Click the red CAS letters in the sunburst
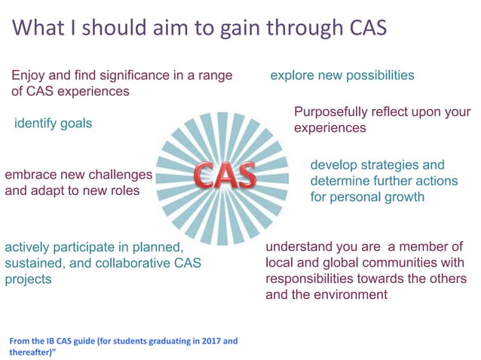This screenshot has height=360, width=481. click(x=225, y=175)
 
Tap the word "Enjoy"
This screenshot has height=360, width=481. click(x=29, y=75)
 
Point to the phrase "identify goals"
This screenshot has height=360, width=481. click(x=54, y=123)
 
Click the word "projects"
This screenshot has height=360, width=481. click(x=28, y=279)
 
